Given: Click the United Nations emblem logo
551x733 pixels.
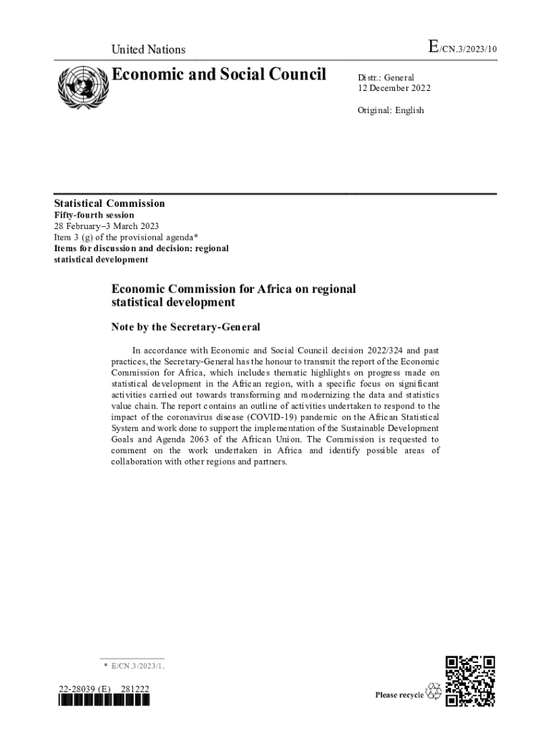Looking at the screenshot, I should (82, 87).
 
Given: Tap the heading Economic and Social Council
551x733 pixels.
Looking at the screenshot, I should (218, 74).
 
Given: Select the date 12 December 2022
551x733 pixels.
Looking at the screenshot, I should (394, 89).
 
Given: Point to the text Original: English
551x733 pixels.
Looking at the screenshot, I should (391, 110).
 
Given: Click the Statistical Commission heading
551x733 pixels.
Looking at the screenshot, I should (110, 203).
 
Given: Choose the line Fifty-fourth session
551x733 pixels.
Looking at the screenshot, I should (94, 215).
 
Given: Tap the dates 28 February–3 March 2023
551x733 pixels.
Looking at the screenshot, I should (107, 226).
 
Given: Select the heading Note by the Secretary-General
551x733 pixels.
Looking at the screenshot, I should (185, 327).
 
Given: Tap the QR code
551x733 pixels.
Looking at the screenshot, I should (469, 681).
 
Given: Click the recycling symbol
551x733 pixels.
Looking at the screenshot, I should (434, 692).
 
